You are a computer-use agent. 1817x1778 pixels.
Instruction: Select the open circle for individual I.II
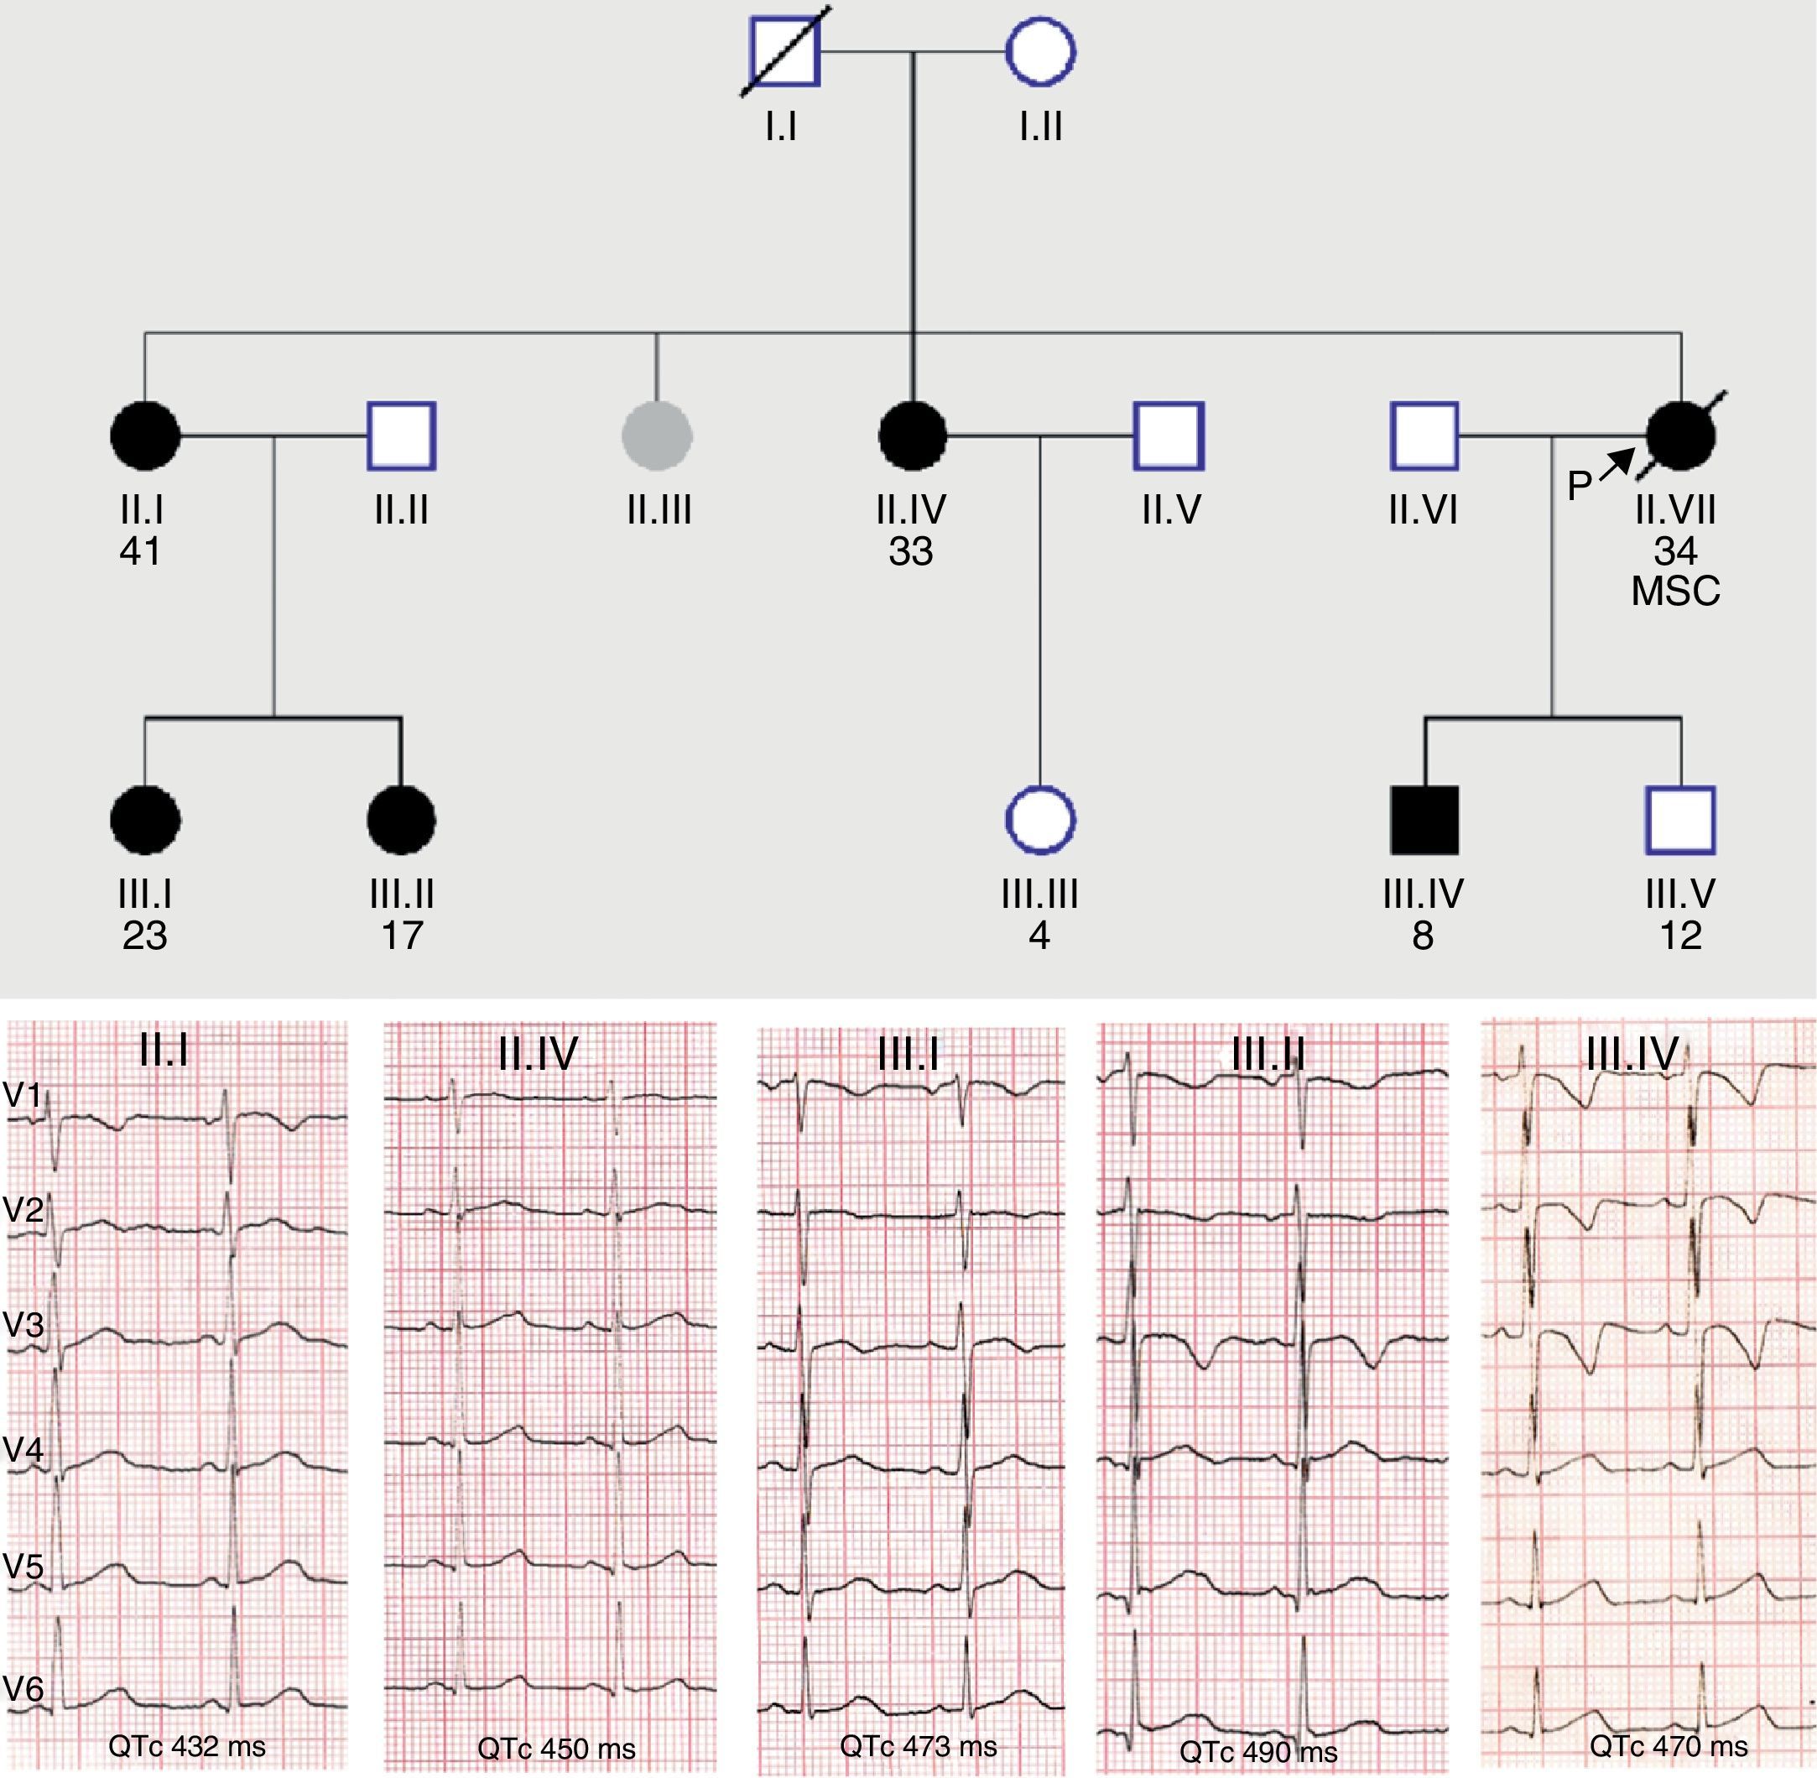(1040, 52)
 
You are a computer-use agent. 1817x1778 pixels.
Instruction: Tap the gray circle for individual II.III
(658, 435)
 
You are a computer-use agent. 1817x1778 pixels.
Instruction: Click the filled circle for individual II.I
(145, 435)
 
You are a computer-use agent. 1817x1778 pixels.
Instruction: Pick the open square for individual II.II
(402, 435)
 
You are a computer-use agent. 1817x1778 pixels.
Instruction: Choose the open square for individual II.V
(1169, 435)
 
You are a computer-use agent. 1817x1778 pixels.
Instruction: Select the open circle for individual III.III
(1040, 820)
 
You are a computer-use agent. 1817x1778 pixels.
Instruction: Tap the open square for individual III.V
(1680, 820)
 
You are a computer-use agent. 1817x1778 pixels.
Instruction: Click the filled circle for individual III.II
(402, 820)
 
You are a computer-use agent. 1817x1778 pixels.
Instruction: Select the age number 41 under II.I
(140, 552)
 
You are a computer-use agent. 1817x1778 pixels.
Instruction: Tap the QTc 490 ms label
(1257, 1752)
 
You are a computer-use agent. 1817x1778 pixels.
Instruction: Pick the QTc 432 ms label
(187, 1745)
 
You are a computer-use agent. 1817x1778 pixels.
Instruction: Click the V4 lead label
(23, 1449)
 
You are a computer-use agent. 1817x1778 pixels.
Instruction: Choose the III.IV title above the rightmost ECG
(1632, 1053)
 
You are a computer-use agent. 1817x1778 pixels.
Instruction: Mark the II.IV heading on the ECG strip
(538, 1054)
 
